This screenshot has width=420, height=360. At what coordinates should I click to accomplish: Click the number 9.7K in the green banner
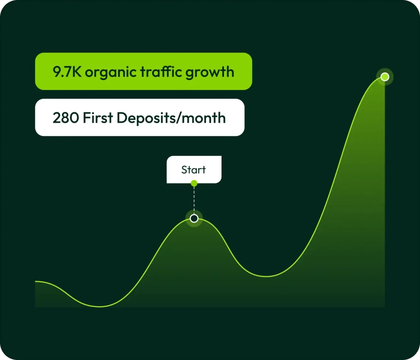tap(67, 71)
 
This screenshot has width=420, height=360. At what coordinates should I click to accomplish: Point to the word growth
tap(210, 72)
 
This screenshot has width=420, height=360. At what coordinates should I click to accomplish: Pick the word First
tap(98, 118)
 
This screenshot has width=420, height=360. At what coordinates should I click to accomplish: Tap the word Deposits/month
tap(171, 118)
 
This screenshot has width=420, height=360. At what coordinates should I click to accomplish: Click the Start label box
tap(194, 170)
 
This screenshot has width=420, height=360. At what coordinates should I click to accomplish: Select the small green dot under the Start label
tap(194, 183)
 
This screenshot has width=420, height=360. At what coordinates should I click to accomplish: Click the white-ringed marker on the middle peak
tap(194, 218)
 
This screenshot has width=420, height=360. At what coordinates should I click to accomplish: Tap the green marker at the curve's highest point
tap(385, 77)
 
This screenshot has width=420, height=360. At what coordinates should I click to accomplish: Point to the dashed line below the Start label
tap(194, 200)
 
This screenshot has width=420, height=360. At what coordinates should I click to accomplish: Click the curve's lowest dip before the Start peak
tap(100, 306)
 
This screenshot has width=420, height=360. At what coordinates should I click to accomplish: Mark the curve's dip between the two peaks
tap(267, 276)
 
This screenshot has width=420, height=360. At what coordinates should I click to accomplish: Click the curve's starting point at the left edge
tap(35, 281)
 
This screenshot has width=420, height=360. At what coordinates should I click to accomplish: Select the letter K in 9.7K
tap(77, 72)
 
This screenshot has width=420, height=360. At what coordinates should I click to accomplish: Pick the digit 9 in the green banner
tap(57, 72)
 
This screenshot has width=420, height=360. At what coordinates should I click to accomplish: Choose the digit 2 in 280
tap(57, 118)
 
